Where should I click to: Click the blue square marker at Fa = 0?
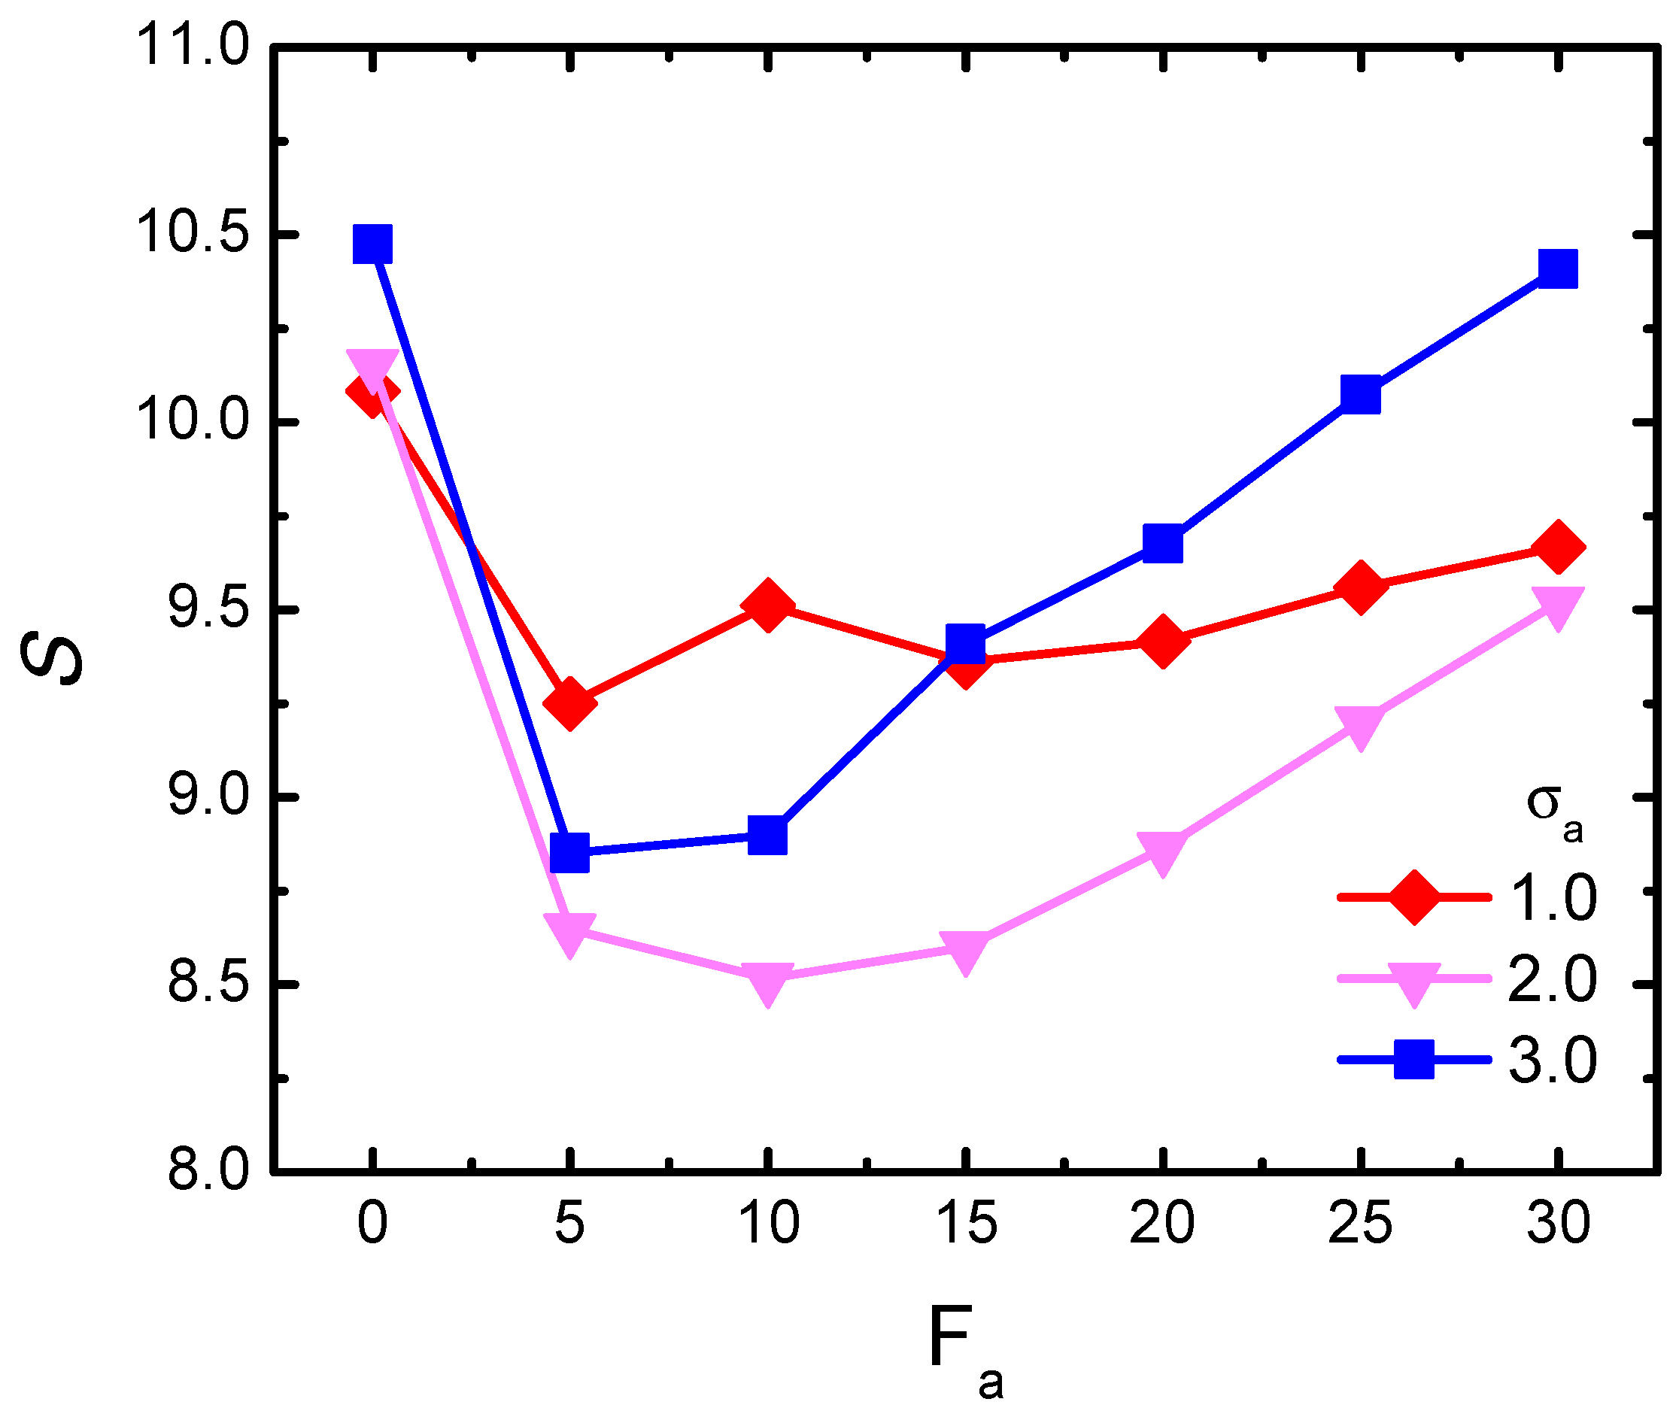(372, 244)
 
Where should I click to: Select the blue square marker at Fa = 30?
(1558, 269)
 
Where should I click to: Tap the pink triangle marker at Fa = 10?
(768, 982)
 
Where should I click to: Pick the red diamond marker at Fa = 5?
(569, 703)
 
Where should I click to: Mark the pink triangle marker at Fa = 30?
(1558, 605)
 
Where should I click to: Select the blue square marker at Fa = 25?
(1360, 394)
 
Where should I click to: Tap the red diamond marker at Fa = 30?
(1558, 547)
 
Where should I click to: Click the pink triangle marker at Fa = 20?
(1161, 851)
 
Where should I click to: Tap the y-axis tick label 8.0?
(198, 1170)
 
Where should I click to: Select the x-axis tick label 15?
(967, 1223)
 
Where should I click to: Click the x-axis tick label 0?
(372, 1223)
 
